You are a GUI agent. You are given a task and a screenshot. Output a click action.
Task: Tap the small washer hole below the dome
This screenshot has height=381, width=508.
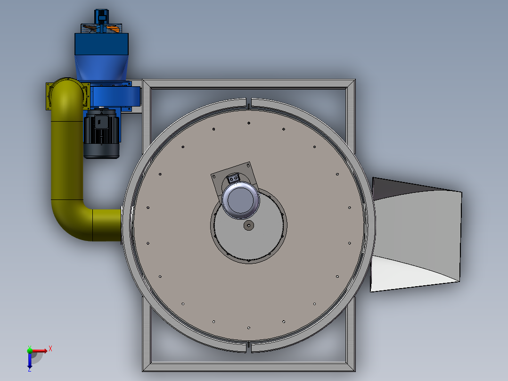(x=248, y=225)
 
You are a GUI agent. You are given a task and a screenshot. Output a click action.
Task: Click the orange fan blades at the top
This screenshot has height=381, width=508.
(x=112, y=29)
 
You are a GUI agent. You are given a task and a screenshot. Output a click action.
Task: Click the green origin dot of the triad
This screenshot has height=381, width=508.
(x=30, y=350)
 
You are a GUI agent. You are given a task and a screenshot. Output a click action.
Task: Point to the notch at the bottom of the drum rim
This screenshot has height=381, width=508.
(x=249, y=348)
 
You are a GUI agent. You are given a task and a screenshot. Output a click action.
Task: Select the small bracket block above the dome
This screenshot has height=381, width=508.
(x=234, y=179)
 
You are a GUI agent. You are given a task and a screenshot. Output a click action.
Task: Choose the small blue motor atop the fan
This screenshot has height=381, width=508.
(x=101, y=16)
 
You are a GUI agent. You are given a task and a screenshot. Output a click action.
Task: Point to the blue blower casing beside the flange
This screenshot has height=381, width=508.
(x=113, y=97)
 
